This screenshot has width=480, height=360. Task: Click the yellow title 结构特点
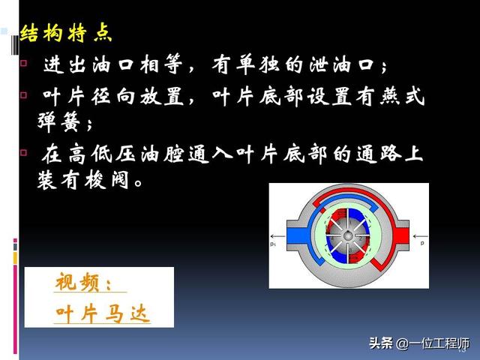(66, 33)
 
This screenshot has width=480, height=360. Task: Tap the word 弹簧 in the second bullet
(58, 121)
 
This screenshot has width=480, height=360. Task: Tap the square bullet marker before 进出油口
(23, 63)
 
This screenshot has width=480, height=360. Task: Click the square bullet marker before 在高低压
(23, 152)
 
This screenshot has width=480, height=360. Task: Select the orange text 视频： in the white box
(83, 282)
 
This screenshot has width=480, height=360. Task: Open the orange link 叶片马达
(103, 313)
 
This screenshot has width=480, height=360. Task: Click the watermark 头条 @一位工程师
(418, 343)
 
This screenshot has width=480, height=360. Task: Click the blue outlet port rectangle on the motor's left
(298, 236)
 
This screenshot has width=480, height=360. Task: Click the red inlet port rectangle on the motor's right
(400, 236)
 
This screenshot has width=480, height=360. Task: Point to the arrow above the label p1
(277, 236)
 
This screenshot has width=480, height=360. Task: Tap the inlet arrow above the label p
(420, 236)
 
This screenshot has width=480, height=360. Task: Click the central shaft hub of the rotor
(347, 236)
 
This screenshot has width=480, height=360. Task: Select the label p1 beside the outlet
(273, 244)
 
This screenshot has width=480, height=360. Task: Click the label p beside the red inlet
(422, 243)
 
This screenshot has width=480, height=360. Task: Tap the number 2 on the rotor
(360, 238)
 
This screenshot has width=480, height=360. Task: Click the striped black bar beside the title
(15, 45)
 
